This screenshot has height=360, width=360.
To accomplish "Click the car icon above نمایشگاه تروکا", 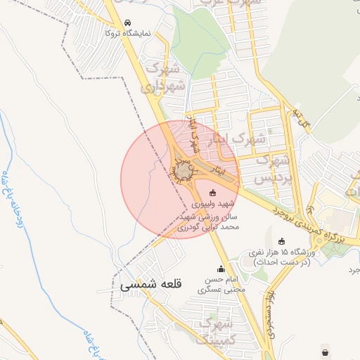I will (x=127, y=22).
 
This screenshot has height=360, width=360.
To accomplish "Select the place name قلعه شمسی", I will (x=150, y=285).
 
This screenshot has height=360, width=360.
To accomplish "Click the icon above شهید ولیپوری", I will (x=213, y=192).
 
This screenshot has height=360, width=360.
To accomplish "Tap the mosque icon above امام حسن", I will (x=221, y=268).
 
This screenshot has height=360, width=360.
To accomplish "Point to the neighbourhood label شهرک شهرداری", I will (x=166, y=78).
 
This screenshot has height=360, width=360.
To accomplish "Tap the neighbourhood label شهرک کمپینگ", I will (x=217, y=331).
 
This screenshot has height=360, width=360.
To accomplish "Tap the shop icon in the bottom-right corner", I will (x=325, y=352).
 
